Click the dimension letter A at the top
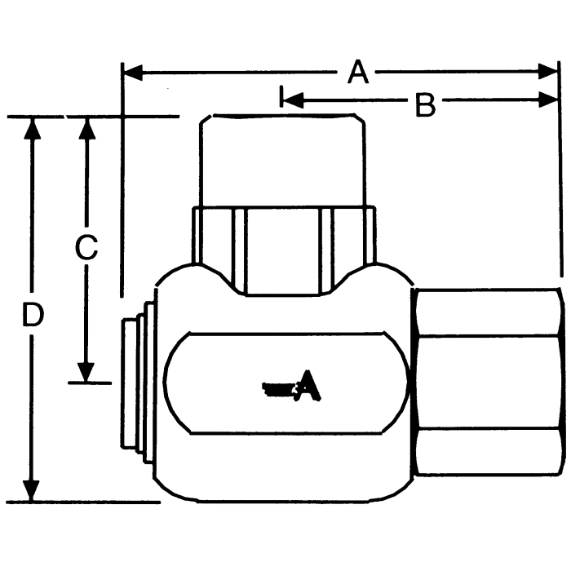(x=357, y=73)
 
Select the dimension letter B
(x=425, y=104)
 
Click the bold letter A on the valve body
(x=308, y=386)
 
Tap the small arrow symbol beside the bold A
(x=278, y=390)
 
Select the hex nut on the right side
(x=488, y=380)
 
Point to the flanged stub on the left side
(x=134, y=382)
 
